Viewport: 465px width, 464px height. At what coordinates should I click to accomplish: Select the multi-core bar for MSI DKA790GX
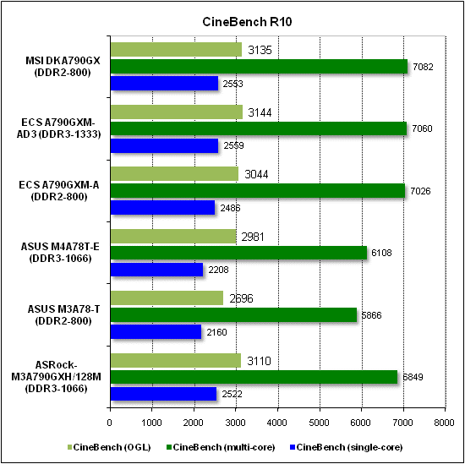259,66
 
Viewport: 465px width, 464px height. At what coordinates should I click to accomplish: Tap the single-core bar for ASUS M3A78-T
155,332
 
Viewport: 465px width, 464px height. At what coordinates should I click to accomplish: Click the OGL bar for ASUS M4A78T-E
172,236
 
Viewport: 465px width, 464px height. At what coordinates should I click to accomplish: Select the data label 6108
381,253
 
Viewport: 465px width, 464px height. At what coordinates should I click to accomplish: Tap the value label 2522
235,394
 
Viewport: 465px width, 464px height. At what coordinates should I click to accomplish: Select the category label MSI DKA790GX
59,60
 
